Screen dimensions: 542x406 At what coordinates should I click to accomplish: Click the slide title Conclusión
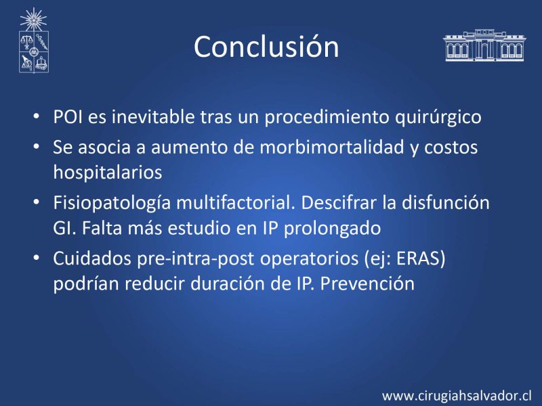266,47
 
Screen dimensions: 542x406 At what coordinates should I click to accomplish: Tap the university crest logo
33,41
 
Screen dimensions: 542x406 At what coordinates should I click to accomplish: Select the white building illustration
484,45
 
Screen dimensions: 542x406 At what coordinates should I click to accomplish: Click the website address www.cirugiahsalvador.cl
457,396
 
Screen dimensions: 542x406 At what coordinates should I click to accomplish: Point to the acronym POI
68,116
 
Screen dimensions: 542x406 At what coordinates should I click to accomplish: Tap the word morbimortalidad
332,147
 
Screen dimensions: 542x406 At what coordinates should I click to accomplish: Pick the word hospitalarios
108,173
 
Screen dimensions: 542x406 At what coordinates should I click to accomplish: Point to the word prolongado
332,229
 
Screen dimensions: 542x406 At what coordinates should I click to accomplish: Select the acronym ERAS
418,258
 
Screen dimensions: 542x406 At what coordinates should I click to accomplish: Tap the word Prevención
367,284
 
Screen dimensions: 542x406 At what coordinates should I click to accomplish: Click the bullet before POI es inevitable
37,116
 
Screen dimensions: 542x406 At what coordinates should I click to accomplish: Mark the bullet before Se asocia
37,147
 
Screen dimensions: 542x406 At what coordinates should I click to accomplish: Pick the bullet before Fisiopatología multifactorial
37,202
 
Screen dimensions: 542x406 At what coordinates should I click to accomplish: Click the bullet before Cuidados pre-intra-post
37,258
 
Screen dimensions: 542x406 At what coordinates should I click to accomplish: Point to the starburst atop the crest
33,20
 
